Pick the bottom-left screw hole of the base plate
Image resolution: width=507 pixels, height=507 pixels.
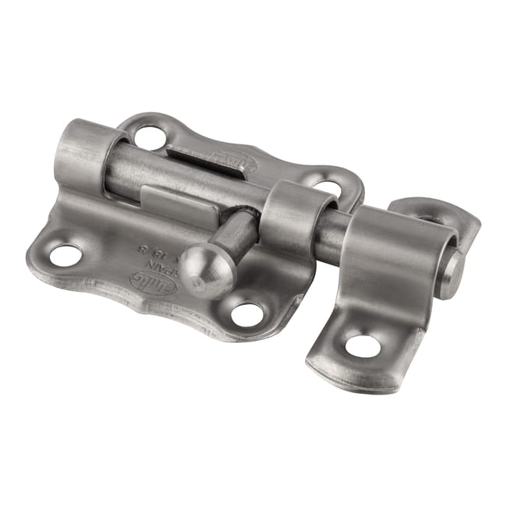click(x=66, y=253)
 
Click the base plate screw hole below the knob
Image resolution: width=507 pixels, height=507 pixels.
click(x=248, y=314)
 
